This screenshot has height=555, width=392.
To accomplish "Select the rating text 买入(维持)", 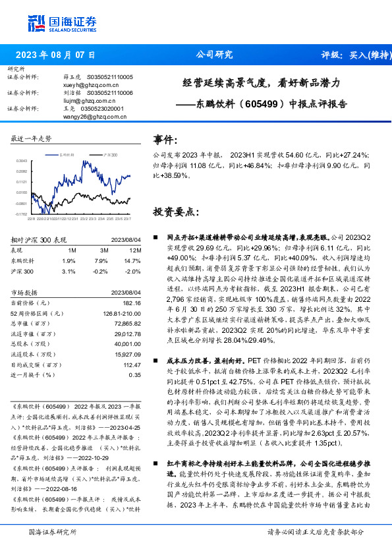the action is click(x=364, y=55).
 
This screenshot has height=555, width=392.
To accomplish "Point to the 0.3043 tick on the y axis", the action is click(x=22, y=160).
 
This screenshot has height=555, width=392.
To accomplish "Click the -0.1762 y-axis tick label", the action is click(x=21, y=214).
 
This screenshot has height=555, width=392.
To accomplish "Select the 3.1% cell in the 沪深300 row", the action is click(x=68, y=271).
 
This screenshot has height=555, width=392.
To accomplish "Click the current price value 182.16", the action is click(x=132, y=302).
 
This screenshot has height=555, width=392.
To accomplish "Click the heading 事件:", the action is click(x=165, y=140).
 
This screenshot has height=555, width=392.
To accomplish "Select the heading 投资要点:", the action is click(x=175, y=212).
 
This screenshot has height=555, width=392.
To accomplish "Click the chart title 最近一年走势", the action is click(x=32, y=138).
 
